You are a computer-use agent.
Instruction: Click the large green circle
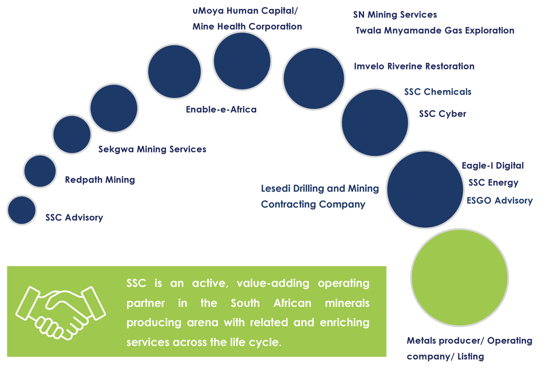click(x=460, y=277)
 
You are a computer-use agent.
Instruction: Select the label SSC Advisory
click(x=74, y=218)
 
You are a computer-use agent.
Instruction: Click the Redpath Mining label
click(x=100, y=179)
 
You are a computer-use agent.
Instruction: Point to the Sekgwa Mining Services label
click(x=152, y=149)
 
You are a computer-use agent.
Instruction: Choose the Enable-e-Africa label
click(x=221, y=109)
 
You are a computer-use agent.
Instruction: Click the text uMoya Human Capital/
click(x=245, y=11)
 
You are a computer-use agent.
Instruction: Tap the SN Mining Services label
click(x=395, y=15)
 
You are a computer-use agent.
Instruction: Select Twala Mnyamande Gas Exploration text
click(x=435, y=31)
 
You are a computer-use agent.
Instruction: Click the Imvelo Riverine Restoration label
click(x=414, y=66)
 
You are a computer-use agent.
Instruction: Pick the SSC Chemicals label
click(x=438, y=92)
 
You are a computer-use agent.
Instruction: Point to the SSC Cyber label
click(x=442, y=114)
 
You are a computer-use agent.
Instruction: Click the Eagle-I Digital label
click(x=493, y=166)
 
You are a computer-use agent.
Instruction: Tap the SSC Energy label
click(x=493, y=183)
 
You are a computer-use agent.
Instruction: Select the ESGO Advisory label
click(x=499, y=200)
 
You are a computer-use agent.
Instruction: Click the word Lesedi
click(x=275, y=188)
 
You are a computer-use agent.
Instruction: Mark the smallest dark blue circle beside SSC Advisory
click(x=22, y=210)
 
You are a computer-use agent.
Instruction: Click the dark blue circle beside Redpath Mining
click(x=40, y=171)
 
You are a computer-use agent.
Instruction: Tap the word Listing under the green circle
click(x=471, y=357)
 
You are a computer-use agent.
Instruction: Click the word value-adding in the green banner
click(x=273, y=284)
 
